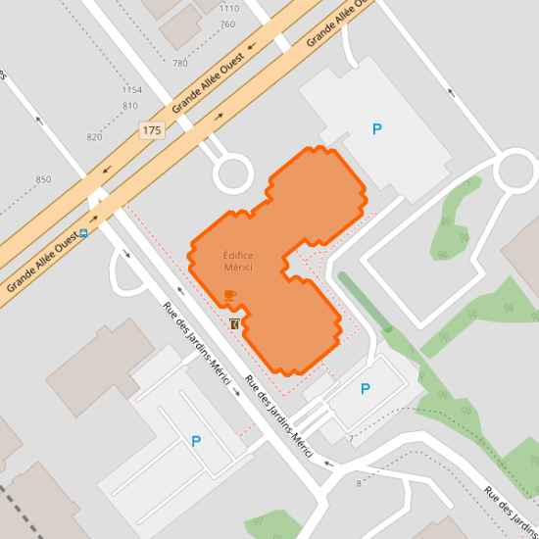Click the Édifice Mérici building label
point(238,261)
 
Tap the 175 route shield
point(151,130)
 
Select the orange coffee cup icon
point(230,295)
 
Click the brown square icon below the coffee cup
point(235,323)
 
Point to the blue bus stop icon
point(84,233)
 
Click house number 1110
point(229,8)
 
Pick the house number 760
point(228,24)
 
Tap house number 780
point(179,64)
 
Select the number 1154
point(132,90)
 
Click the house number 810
point(130,106)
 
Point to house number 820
point(94,137)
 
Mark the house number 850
point(43,180)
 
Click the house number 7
point(349,439)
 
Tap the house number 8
point(359,483)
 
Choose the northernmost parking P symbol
point(376,128)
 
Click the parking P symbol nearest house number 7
point(366,389)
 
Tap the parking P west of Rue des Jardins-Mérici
point(196,442)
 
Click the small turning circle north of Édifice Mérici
point(233,174)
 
